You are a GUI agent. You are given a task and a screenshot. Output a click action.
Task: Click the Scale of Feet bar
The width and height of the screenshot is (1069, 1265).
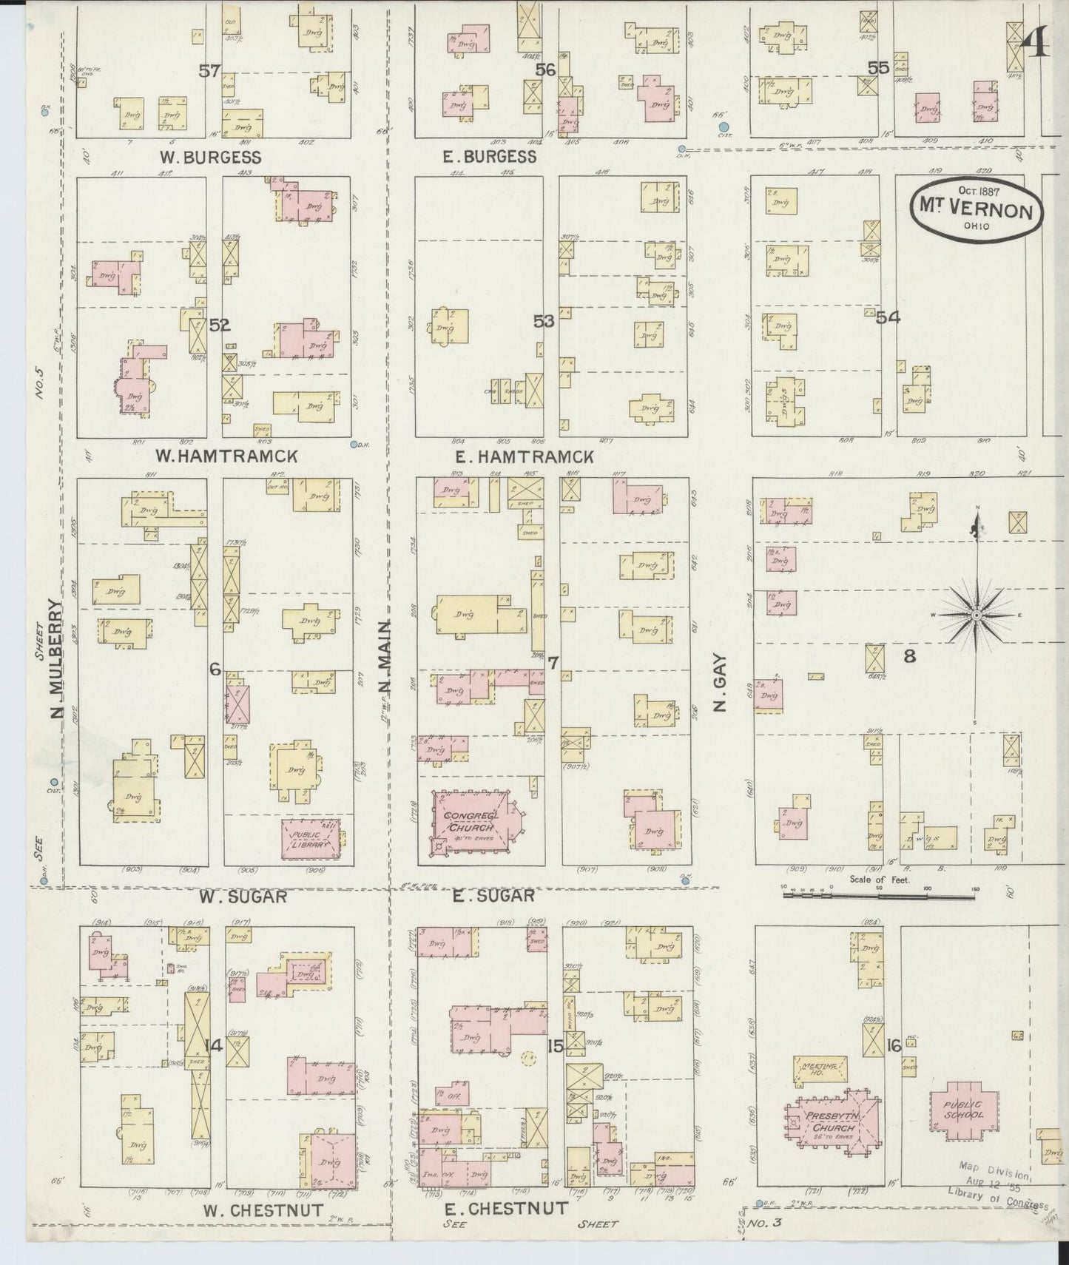click(879, 895)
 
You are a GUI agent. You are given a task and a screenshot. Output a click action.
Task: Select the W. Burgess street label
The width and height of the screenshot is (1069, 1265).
click(211, 157)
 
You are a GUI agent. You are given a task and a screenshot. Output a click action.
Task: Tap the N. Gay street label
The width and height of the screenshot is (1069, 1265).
click(722, 684)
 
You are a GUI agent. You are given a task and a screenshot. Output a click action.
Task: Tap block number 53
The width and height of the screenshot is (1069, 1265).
click(544, 321)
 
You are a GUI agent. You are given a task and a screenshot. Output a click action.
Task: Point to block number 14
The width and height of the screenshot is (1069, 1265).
click(214, 1046)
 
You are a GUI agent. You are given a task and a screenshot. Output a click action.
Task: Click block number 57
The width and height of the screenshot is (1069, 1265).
click(209, 71)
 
